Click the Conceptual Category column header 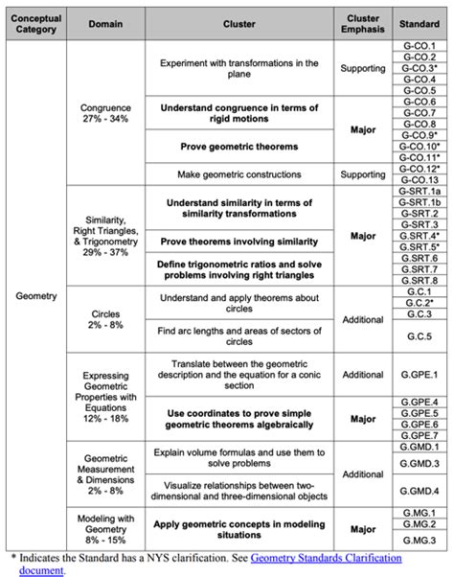[36, 25]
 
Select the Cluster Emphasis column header [363, 25]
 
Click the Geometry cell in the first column [36, 296]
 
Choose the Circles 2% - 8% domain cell [106, 319]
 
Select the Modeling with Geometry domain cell [106, 525]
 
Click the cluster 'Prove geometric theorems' [239, 147]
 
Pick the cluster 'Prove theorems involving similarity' [239, 236]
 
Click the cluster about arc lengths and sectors [239, 336]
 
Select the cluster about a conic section [239, 375]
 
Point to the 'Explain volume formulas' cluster [239, 454]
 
